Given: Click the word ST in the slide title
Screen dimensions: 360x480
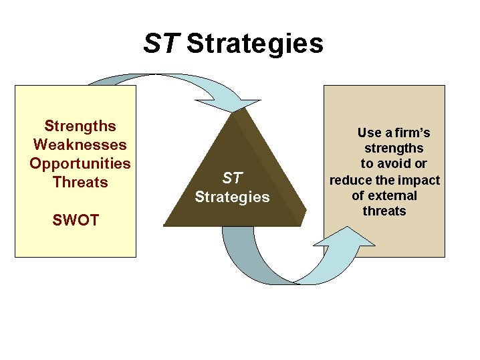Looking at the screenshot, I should click(161, 44).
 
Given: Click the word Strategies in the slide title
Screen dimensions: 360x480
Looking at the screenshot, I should click(255, 44).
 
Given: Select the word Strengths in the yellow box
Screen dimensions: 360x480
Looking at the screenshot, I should click(80, 126).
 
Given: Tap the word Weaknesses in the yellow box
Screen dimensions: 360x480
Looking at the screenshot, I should click(80, 145).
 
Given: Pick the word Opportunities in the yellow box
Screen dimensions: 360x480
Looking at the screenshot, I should click(80, 163).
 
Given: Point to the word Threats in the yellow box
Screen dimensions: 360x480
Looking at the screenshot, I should click(80, 182).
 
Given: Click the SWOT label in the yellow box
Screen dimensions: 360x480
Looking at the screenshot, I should click(75, 220).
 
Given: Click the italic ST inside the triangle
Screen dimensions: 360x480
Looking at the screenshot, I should click(232, 179).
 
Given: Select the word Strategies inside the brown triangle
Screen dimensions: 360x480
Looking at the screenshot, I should click(232, 197).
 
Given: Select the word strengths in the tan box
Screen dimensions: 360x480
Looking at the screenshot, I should click(393, 148).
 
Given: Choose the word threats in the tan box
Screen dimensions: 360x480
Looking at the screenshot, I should click(384, 211).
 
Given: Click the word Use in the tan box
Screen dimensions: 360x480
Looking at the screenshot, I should click(369, 132).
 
